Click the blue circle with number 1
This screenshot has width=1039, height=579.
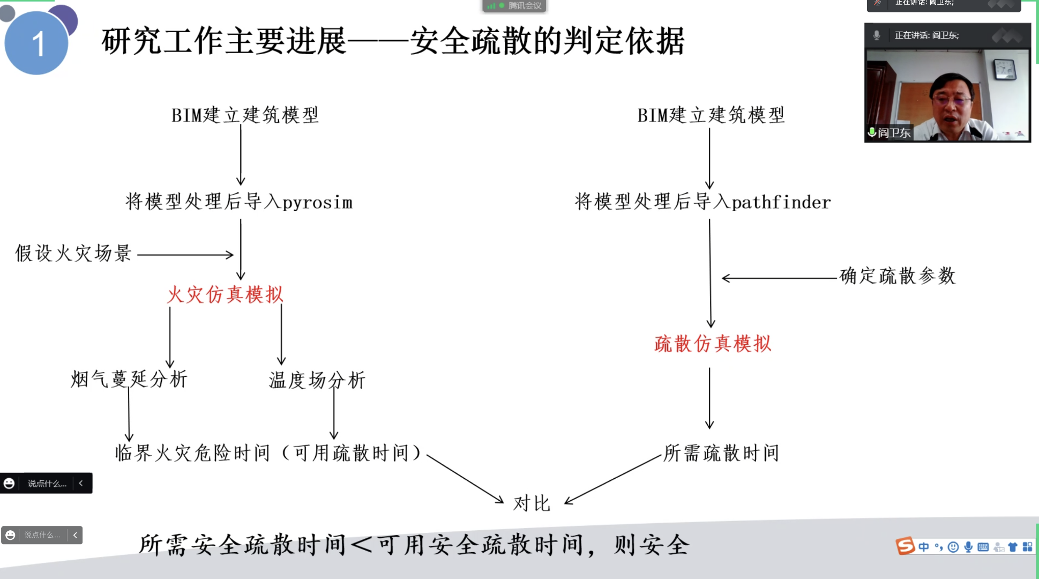coord(36,43)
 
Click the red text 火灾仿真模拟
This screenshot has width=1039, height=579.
coord(225,294)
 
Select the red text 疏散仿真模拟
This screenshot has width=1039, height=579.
coord(713,344)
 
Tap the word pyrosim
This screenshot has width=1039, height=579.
coord(317,203)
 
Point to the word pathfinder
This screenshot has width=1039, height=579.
coord(781,202)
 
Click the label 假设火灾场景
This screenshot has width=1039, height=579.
coord(73,253)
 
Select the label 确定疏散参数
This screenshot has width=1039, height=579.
coord(898,276)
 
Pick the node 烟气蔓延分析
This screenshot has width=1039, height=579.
coord(129,379)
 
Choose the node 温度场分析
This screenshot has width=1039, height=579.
coord(317,380)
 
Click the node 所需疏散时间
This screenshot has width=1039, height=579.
coord(721,453)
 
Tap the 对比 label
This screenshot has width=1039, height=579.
coord(532,503)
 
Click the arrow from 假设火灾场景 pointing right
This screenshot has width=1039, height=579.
coord(185,255)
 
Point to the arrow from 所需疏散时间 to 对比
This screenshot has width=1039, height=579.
coord(613,479)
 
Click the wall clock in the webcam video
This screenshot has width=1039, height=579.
coord(1004,69)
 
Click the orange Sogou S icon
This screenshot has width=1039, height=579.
coord(905,546)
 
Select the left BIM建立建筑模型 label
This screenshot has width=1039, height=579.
coord(245,115)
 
